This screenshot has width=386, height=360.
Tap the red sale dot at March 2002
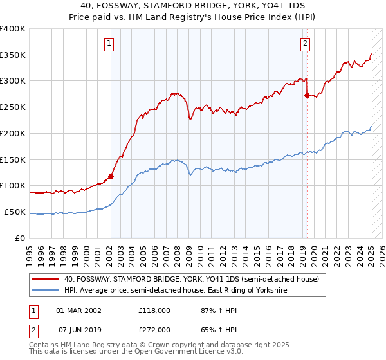point(111,175)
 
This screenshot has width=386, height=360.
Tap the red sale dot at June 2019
point(307,95)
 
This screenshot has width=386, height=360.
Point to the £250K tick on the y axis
point(14,107)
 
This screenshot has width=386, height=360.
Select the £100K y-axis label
point(14,185)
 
